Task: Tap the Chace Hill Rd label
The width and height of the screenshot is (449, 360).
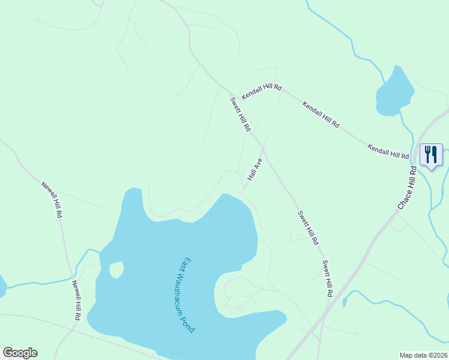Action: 406,189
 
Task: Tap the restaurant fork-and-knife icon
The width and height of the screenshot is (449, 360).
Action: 430,155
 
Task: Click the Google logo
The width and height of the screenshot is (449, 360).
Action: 20,353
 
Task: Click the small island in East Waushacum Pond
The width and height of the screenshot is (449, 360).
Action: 116,269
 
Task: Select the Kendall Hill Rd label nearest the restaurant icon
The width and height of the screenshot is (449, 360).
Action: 388,151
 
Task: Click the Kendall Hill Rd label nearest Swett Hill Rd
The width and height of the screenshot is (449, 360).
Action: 262,91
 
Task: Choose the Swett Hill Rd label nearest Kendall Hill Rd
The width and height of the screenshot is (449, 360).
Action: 240,115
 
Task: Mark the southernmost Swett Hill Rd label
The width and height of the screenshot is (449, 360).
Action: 327,279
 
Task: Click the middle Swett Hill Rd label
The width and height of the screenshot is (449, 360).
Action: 307,228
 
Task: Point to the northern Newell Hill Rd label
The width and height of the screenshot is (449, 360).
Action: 52,199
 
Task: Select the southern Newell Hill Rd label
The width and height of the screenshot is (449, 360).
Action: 76,300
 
